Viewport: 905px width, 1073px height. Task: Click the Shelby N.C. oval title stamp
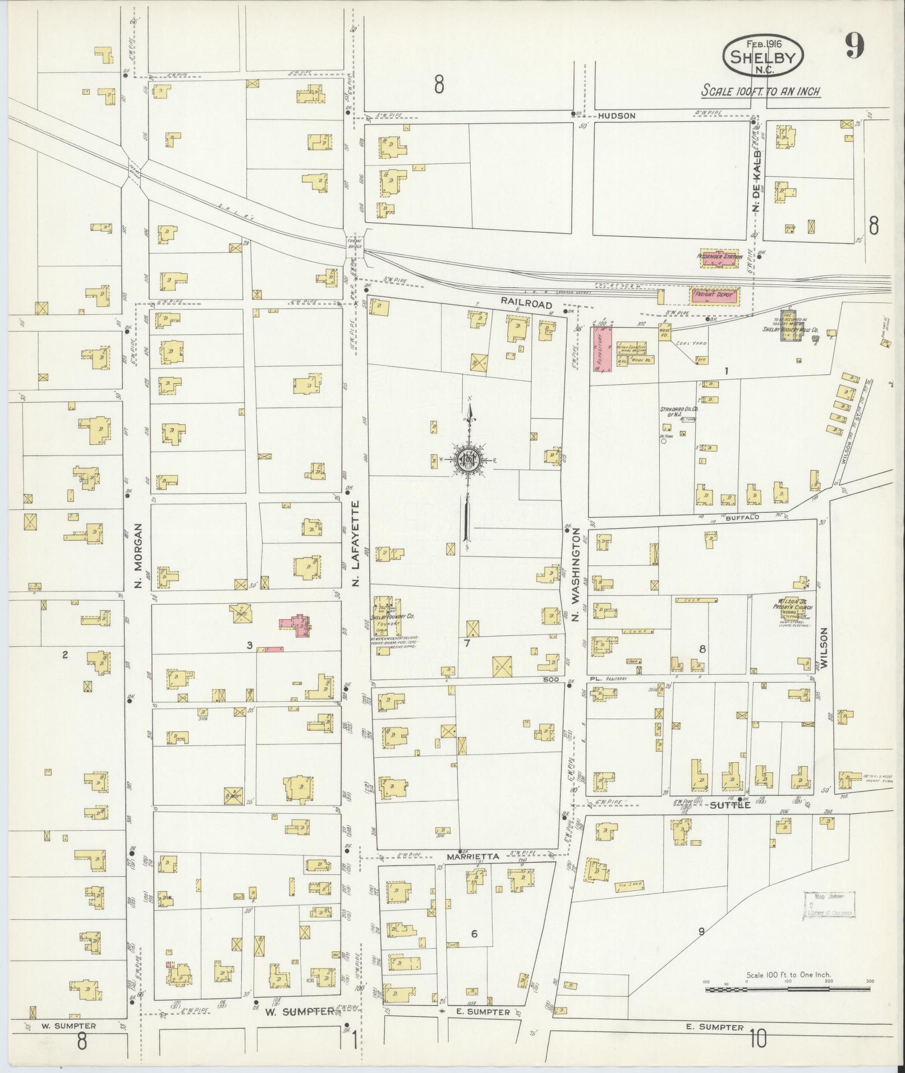(x=763, y=56)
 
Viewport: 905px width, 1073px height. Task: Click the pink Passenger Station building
(x=720, y=257)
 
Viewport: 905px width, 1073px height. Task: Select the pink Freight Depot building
(x=714, y=294)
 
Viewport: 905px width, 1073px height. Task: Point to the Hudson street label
(x=617, y=116)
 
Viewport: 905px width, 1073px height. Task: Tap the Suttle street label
(x=730, y=805)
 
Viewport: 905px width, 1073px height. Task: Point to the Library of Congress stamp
(x=830, y=904)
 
